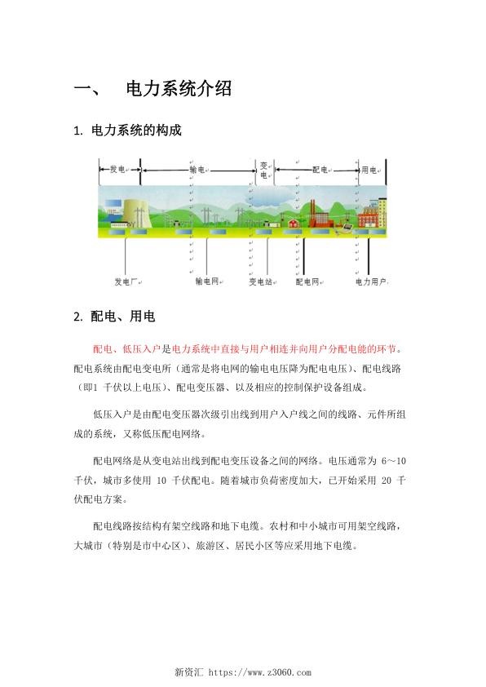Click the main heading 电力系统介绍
179,89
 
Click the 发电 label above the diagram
117,169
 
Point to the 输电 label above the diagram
197,169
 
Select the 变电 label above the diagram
263,169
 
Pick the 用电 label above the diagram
369,169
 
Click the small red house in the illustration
293,223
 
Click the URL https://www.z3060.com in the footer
260,673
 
